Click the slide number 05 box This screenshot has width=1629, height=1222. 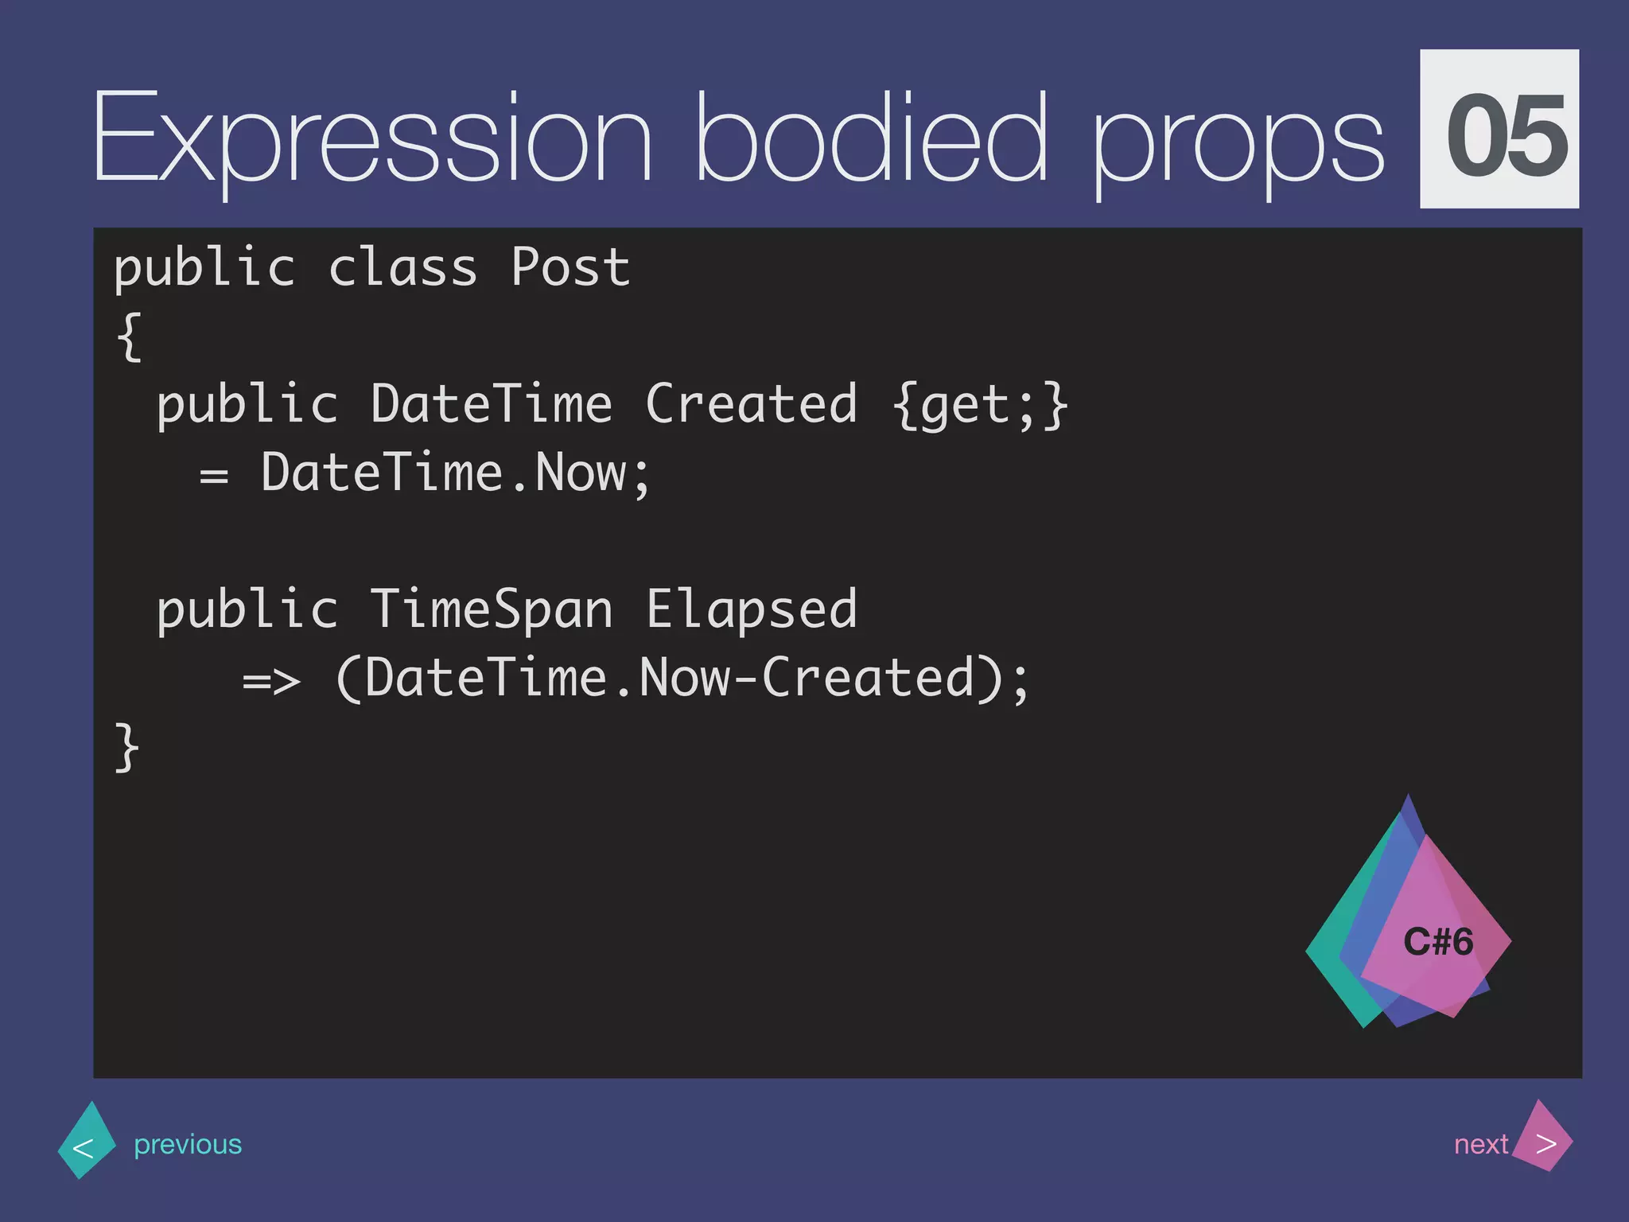pos(1499,129)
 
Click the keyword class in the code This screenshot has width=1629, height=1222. pos(402,267)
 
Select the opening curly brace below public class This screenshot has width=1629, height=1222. pos(130,337)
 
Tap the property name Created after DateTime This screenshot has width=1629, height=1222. pos(751,404)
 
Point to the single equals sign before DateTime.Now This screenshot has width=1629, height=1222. pos(213,476)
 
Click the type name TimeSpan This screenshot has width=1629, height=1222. pos(491,609)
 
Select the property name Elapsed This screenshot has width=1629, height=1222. pos(751,609)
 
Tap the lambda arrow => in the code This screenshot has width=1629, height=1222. pos(271,681)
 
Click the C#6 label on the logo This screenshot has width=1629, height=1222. pos(1437,942)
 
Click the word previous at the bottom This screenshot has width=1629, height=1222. pos(188,1144)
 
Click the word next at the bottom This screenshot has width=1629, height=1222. pos(1480,1144)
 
